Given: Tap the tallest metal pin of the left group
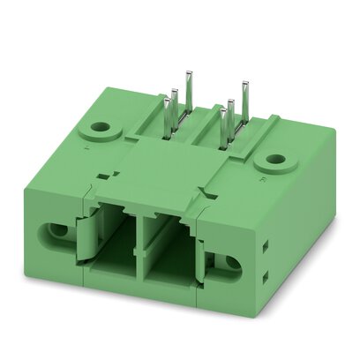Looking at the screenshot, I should point(188,83).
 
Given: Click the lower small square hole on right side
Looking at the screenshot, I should point(265,281).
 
